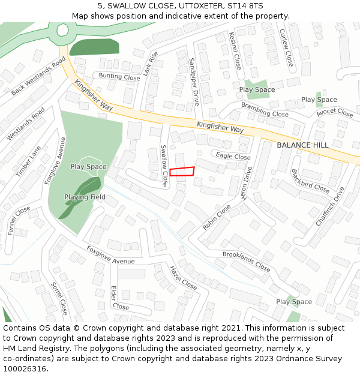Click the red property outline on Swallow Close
(182, 172)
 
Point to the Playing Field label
(85, 197)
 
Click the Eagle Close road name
(233, 157)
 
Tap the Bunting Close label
(119, 77)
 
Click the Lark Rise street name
(151, 64)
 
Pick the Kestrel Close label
(235, 50)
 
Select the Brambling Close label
(265, 109)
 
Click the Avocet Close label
(335, 112)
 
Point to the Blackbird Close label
(310, 181)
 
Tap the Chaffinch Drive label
(330, 207)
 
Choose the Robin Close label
(217, 217)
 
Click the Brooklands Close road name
(247, 261)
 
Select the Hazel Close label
(183, 278)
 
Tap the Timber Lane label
(28, 161)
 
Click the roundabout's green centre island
(62, 29)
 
